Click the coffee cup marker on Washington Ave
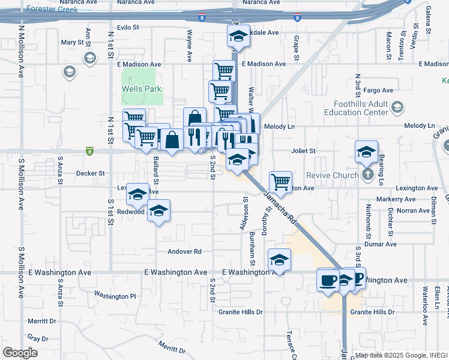coord(328,280)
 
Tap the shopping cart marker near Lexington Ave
coord(280,181)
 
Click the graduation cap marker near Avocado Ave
coord(238,37)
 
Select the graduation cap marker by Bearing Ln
coord(366,152)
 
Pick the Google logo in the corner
coord(20,353)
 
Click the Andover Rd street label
coord(184,251)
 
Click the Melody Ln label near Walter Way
coord(283,127)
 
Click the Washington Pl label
coord(115,296)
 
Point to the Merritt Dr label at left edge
coord(41,321)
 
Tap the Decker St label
coord(90,173)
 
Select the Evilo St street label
coord(128,28)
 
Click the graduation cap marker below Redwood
coord(158,212)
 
